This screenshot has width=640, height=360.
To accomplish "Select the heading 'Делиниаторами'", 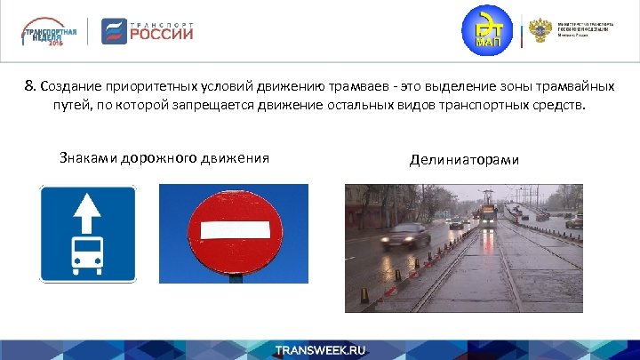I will [464, 160].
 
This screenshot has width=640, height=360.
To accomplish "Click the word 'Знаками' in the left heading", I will [86, 158].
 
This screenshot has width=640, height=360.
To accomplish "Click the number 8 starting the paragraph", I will [29, 87].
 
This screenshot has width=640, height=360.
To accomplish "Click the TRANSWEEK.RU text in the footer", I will [319, 349].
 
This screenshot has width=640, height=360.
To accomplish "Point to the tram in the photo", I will [488, 212].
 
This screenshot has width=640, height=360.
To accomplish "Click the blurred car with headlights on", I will [405, 236].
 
